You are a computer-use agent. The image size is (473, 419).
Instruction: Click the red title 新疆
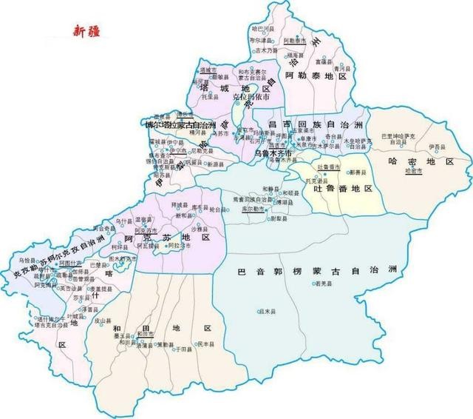click(x=87, y=31)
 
